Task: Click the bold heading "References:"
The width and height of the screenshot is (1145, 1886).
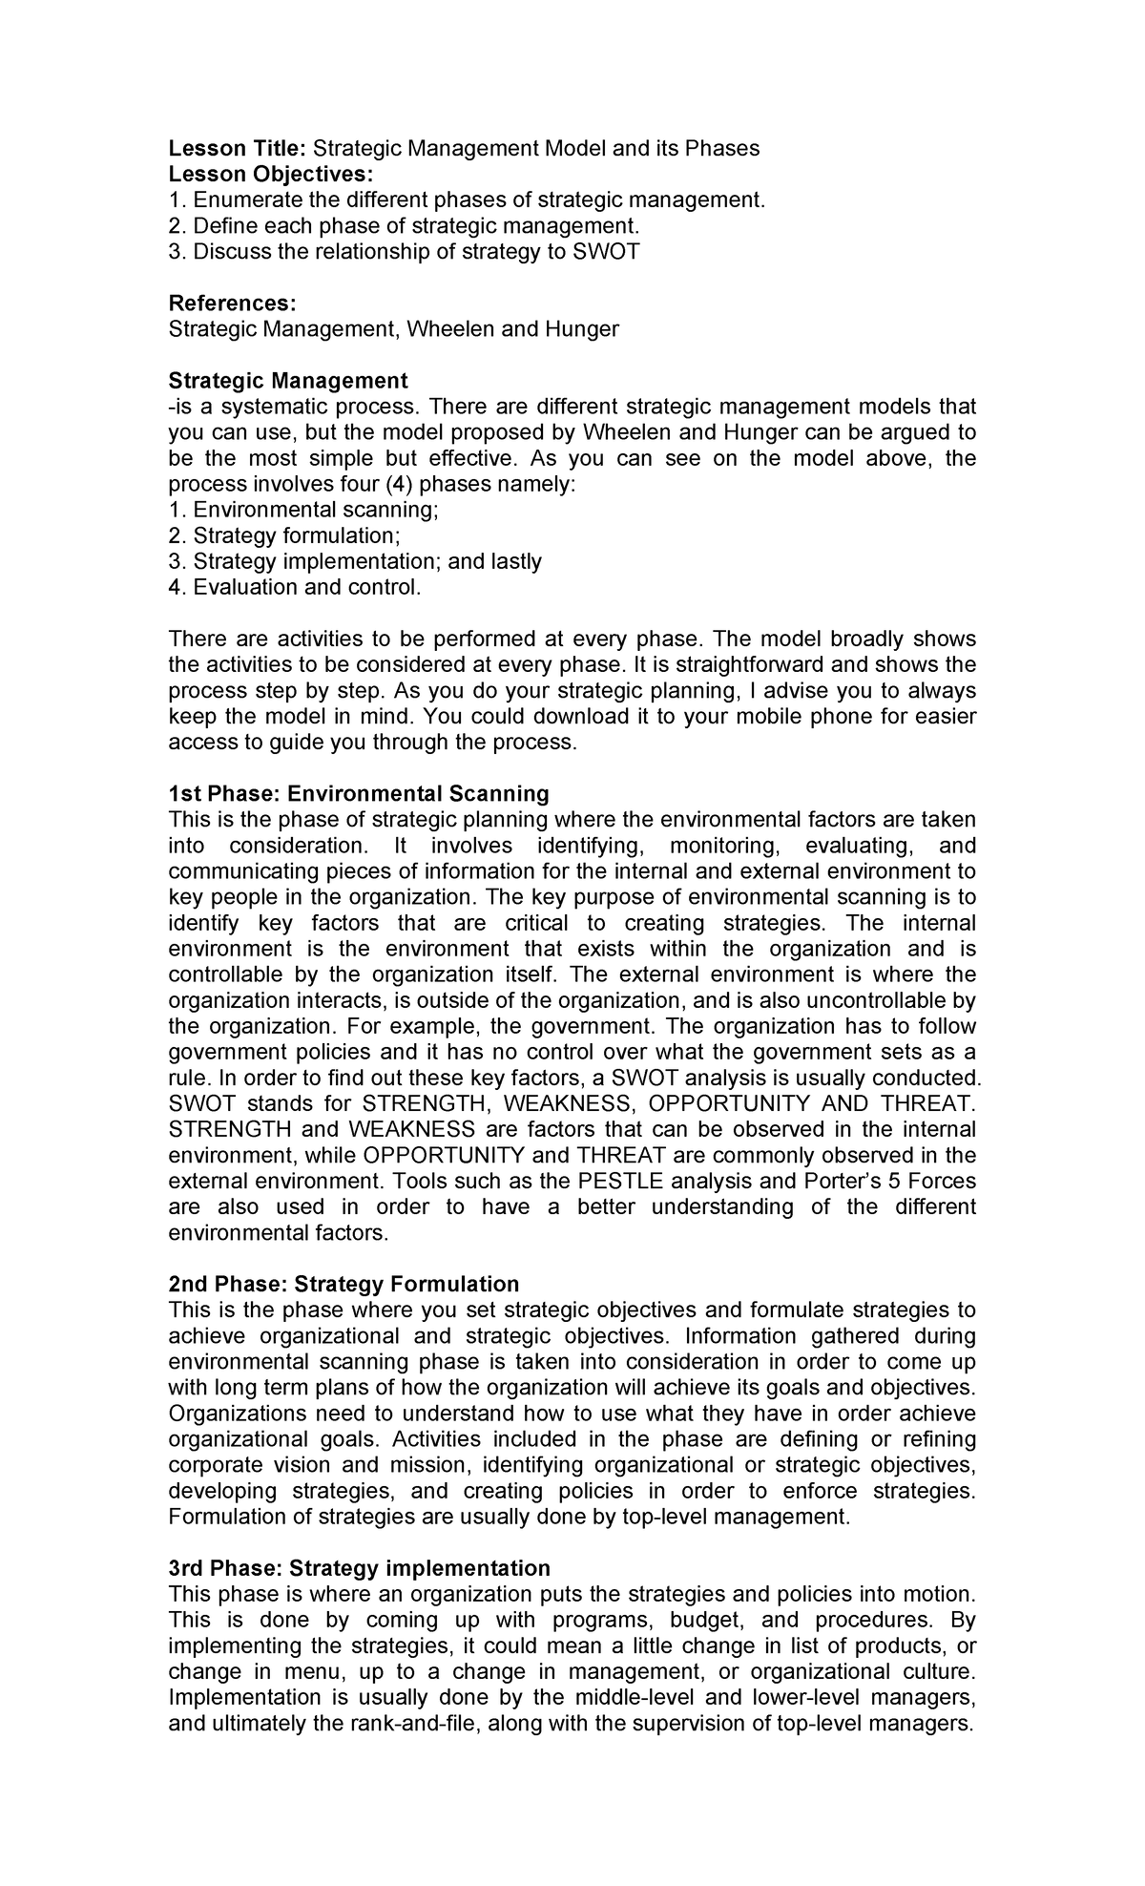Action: [232, 304]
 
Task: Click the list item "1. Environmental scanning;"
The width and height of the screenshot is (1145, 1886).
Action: [303, 510]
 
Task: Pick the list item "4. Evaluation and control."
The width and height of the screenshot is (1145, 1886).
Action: [294, 587]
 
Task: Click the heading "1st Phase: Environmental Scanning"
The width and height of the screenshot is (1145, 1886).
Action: [359, 793]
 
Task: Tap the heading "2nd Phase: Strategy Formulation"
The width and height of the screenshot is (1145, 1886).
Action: [343, 1284]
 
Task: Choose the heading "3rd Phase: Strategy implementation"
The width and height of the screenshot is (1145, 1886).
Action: [359, 1568]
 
